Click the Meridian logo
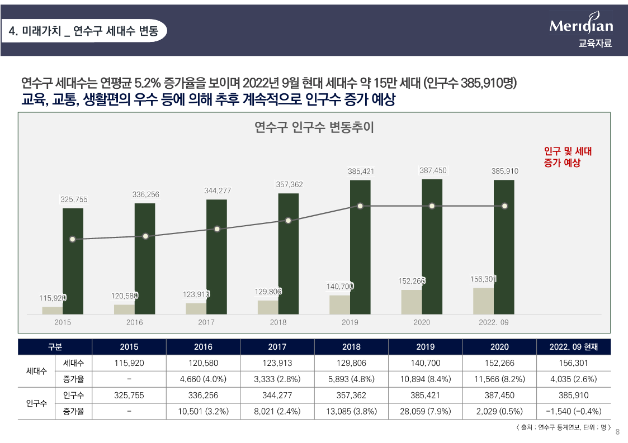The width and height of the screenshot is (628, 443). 581,25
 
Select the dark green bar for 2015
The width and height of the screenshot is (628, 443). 73,261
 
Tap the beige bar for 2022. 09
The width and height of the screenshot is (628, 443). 483,301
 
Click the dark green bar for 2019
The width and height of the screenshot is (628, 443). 360,247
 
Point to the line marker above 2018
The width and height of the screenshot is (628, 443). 288,221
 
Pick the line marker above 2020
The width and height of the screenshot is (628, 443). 432,206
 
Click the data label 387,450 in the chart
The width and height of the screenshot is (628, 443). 433,170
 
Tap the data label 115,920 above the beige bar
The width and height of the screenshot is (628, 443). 53,298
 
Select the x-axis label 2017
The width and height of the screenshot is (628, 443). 206,322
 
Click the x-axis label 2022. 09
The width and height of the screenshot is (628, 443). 494,322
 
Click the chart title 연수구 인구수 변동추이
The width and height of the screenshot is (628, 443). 314,127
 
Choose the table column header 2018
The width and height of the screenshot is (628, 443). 351,347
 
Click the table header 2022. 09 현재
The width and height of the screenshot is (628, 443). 574,347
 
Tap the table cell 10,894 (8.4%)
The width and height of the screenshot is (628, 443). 425,379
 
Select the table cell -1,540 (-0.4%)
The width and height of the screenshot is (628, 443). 574,411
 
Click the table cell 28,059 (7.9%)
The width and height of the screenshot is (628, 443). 425,411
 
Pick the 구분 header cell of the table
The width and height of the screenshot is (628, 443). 55,347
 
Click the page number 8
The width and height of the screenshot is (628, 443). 617,431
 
